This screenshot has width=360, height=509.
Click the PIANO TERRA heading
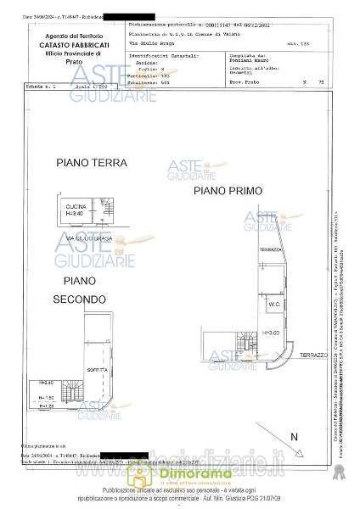[91, 162]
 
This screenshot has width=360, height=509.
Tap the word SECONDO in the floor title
[79, 299]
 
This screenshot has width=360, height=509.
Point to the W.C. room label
[274, 304]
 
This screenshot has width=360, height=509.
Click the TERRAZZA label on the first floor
[272, 250]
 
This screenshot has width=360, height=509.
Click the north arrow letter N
[294, 436]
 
